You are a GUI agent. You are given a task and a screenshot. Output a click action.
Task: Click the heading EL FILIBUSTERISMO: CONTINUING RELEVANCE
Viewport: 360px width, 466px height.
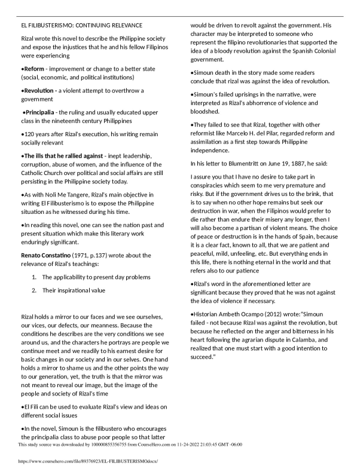click(81, 25)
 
